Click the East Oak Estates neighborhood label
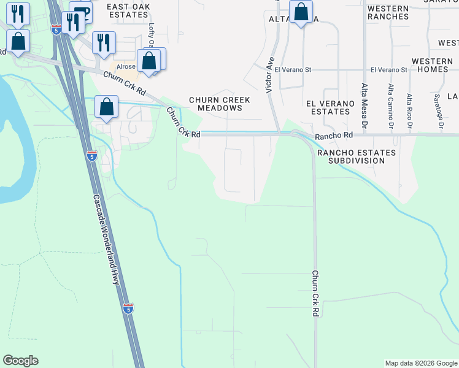point(128,10)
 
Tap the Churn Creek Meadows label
point(215,104)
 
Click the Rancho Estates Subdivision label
point(356,156)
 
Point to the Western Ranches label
point(388,12)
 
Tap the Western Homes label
point(430,66)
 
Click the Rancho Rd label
point(334,135)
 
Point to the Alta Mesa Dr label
point(364,105)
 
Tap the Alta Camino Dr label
point(390,105)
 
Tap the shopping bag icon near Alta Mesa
point(301,12)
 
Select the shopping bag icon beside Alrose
point(148,61)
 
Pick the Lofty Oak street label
point(152,36)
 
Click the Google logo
point(20,361)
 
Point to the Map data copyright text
point(421,363)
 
